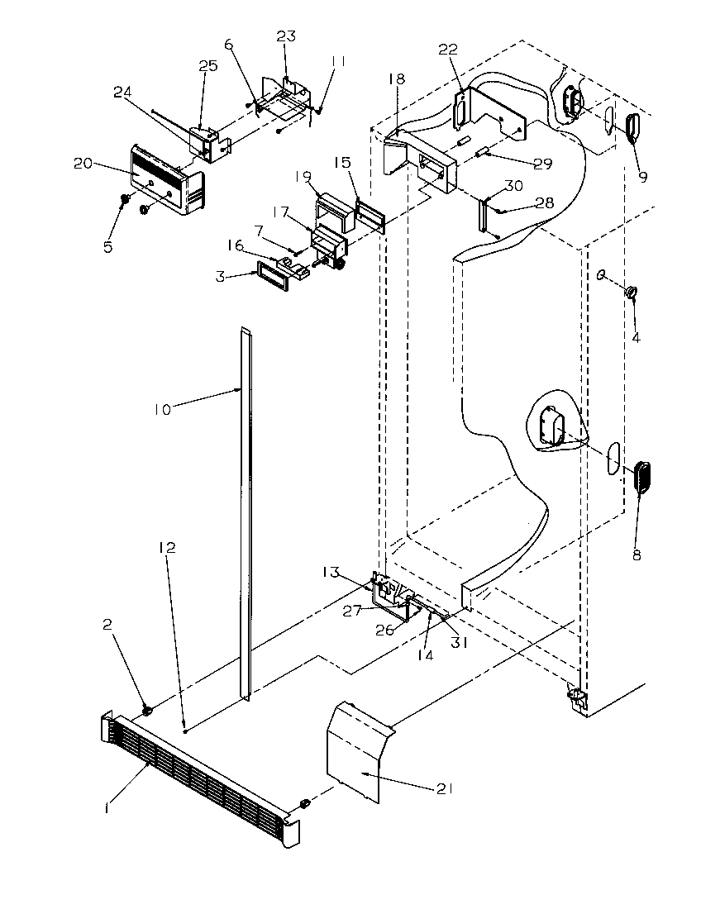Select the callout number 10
163,408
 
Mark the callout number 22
447,50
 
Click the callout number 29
542,164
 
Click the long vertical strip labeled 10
246,512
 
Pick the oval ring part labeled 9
634,129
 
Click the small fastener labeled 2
147,710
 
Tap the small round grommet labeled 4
631,292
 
